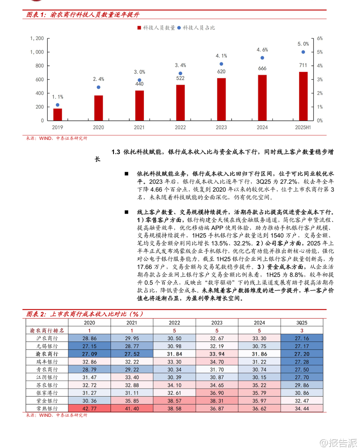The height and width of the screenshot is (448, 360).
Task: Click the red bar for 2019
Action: pyautogui.click(x=58, y=114)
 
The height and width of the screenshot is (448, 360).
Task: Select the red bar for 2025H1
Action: pyautogui.click(x=303, y=96)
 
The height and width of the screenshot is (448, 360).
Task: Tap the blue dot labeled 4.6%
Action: pyautogui.click(x=262, y=58)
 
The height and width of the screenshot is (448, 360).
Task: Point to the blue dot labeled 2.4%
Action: pyautogui.click(x=98, y=87)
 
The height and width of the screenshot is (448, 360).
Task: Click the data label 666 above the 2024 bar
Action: pyautogui.click(x=262, y=68)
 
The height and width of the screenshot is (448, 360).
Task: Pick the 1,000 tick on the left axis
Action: pyautogui.click(x=37, y=52)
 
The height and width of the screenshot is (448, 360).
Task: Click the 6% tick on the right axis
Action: pyautogui.click(x=320, y=38)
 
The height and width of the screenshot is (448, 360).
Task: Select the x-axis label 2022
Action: pyautogui.click(x=180, y=127)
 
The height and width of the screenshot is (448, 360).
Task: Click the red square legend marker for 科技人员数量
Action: pyautogui.click(x=139, y=28)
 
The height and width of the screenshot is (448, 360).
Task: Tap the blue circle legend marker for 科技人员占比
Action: pyautogui.click(x=179, y=28)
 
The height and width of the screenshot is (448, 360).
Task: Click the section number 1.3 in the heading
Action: pyautogui.click(x=116, y=152)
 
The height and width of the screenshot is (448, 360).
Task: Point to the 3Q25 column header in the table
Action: pyautogui.click(x=302, y=323)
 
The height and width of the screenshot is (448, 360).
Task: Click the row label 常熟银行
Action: pyautogui.click(x=47, y=408)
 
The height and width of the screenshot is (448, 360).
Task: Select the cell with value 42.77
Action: pyautogui.click(x=90, y=408)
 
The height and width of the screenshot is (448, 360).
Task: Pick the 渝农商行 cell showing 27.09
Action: pyautogui.click(x=90, y=354)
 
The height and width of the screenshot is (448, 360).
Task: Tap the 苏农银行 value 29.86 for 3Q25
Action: pyautogui.click(x=302, y=385)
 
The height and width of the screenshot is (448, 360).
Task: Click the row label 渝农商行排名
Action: pyautogui.click(x=47, y=331)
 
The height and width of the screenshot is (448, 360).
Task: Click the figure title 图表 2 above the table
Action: pyautogui.click(x=36, y=314)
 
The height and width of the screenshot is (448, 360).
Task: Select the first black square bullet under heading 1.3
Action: pyautogui.click(x=127, y=174)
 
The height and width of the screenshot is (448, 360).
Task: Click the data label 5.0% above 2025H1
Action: pyautogui.click(x=303, y=44)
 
